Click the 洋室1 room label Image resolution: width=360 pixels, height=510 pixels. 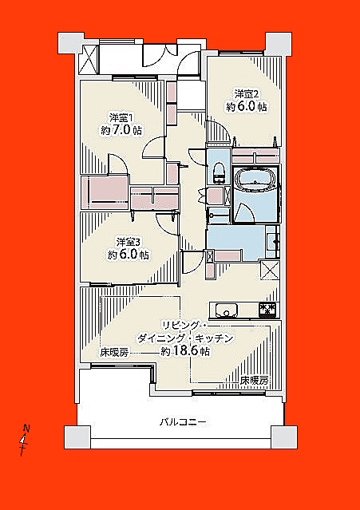119,117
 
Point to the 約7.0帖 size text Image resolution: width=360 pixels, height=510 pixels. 121,130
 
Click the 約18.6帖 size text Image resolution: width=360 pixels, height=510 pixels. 185,352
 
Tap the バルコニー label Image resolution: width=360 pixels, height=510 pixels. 183,422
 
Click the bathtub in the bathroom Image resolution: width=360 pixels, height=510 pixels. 255,179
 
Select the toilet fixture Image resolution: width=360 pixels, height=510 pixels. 219,172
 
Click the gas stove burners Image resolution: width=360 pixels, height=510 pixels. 268,309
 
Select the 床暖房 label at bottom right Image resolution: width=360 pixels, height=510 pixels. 255,380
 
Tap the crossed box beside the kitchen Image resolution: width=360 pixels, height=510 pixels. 271,270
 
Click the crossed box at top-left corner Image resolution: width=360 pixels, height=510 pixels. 89,60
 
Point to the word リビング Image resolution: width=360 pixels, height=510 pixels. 182,326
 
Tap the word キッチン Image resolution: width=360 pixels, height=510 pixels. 214,338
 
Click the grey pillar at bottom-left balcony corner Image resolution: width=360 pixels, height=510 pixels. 77,437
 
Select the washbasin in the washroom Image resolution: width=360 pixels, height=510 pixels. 271,242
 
